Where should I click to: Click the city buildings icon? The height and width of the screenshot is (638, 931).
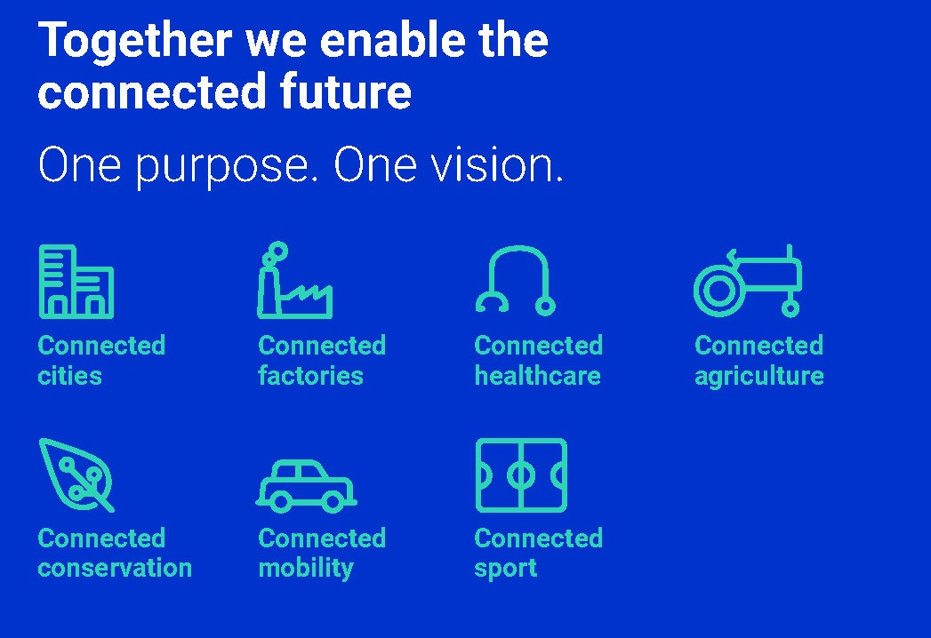76,282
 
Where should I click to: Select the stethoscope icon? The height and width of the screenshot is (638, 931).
516,281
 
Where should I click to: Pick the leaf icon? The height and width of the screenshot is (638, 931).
76,474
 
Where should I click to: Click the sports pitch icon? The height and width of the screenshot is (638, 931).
521,475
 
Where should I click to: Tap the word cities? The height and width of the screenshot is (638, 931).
69,376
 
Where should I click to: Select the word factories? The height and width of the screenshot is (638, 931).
310,376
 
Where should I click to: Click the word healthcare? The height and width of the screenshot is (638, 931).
537,376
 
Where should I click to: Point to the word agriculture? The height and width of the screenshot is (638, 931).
758,377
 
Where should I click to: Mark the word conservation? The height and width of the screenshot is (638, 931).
115,568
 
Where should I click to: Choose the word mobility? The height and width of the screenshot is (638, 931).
305,569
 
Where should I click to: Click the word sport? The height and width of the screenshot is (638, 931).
505,569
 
